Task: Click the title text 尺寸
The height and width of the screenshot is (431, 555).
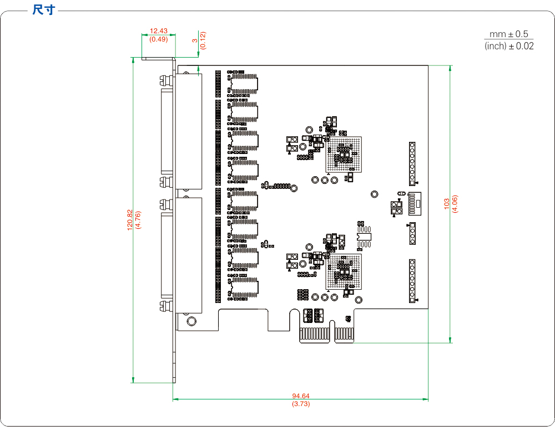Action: (x=43, y=10)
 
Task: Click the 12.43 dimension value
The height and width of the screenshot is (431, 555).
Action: (x=159, y=32)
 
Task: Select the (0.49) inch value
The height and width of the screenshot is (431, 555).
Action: (x=159, y=39)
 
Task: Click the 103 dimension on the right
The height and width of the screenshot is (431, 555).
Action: (x=447, y=204)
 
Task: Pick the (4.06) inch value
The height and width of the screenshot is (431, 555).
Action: (x=455, y=204)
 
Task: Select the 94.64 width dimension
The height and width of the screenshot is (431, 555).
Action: (x=301, y=396)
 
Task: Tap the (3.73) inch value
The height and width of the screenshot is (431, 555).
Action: (x=301, y=404)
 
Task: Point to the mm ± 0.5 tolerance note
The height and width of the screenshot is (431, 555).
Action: (x=509, y=34)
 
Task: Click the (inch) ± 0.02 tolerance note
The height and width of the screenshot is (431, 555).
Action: (x=509, y=46)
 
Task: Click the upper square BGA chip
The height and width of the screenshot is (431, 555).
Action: (x=344, y=153)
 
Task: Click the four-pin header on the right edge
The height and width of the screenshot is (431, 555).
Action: (x=412, y=233)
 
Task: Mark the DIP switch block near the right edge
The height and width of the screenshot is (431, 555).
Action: (x=414, y=203)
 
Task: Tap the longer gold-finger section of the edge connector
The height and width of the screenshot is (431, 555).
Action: (x=315, y=334)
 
